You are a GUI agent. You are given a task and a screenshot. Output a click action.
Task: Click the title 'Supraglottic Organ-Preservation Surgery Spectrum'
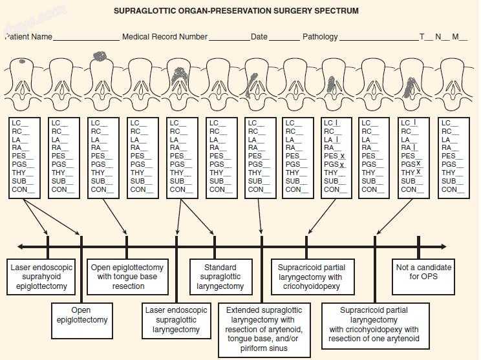coord(235,11)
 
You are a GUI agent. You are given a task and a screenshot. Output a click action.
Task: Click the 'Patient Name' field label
coord(29,37)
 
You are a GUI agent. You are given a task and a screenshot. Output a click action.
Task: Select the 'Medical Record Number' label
coord(165,37)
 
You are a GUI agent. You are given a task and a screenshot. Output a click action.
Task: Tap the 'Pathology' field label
coord(320,37)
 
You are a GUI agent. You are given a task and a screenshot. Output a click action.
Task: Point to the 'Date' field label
coord(259,37)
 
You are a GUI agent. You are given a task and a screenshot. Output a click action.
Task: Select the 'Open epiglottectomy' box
coord(81,315)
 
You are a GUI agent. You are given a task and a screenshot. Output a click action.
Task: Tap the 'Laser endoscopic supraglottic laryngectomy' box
coord(176,319)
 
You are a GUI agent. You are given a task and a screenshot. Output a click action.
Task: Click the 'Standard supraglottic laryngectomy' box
coord(215,277)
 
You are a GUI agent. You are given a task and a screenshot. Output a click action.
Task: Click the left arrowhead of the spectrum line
coord(21,246)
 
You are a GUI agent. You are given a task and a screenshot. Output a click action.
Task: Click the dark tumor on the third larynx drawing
coord(100,56)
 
